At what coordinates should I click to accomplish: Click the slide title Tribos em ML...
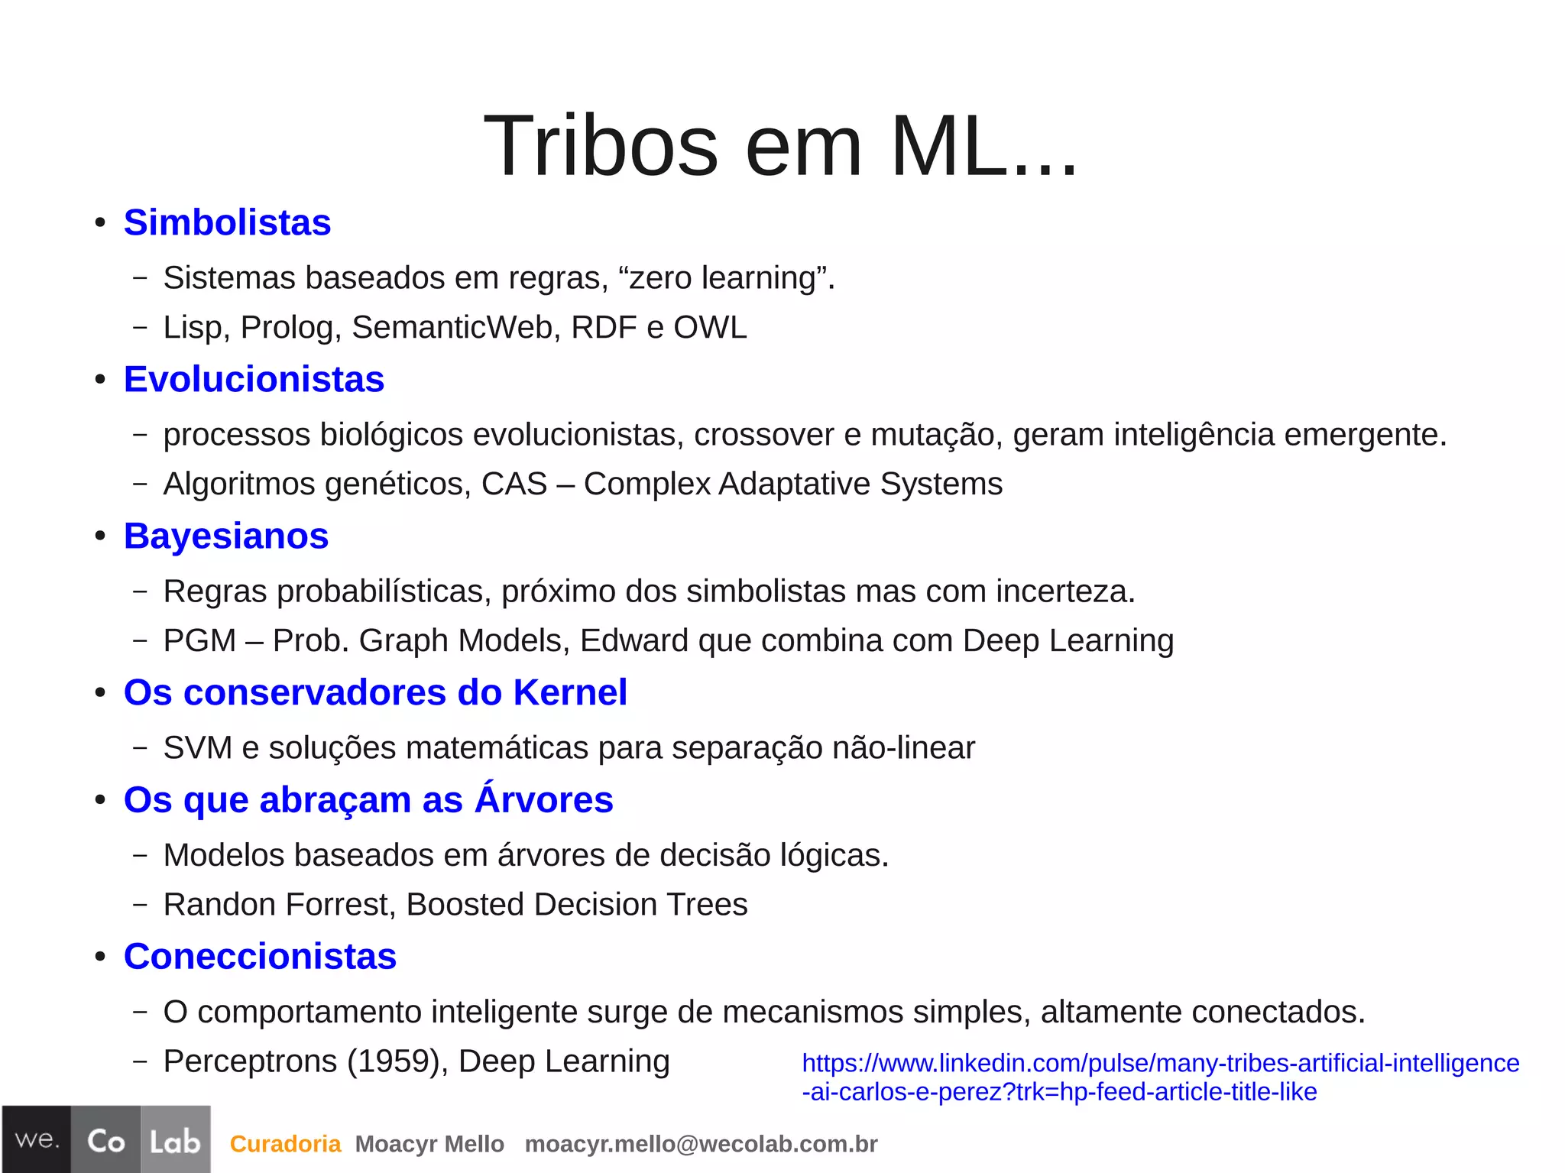pos(780,145)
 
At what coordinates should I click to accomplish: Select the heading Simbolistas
pos(227,223)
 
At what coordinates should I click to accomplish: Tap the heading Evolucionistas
pos(254,380)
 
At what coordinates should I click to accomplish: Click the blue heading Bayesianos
pos(226,536)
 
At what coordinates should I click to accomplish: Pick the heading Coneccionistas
pos(260,957)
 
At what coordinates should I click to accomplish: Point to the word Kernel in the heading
pos(570,693)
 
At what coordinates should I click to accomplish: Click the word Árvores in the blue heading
pos(543,800)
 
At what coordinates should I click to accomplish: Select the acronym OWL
pos(710,328)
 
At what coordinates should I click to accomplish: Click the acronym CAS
pos(514,484)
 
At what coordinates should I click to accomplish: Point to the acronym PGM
pos(199,641)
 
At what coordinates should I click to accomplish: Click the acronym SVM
pos(198,748)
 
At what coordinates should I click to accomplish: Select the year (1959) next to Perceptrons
pos(397,1061)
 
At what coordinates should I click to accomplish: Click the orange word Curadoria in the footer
pos(285,1144)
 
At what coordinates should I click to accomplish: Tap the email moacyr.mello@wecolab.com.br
pos(701,1144)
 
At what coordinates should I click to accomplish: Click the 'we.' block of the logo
pos(37,1139)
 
